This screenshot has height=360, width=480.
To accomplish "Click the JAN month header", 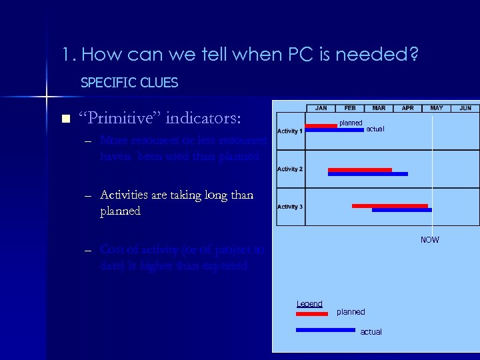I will pyautogui.click(x=321, y=108).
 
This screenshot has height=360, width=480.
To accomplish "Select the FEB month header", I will pyautogui.click(x=350, y=108).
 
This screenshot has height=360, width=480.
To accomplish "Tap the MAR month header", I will pyautogui.click(x=379, y=108).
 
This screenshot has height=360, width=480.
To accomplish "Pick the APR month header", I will pyautogui.click(x=407, y=108).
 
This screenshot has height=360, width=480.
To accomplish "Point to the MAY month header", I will pyautogui.click(x=436, y=108).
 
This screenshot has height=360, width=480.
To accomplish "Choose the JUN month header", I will pyautogui.click(x=465, y=108).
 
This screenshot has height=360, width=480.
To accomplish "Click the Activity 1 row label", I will pyautogui.click(x=289, y=131).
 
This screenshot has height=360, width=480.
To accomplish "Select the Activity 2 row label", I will pyautogui.click(x=289, y=169).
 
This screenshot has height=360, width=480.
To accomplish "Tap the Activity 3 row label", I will pyautogui.click(x=289, y=207).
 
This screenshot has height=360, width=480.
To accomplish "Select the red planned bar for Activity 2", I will pyautogui.click(x=359, y=170).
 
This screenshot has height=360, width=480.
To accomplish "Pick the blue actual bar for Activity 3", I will pyautogui.click(x=401, y=210).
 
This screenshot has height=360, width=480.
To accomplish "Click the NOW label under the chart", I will pyautogui.click(x=429, y=240).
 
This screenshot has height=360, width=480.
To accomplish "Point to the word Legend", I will pyautogui.click(x=309, y=304).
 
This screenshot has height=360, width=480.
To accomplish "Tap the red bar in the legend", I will pyautogui.click(x=312, y=313).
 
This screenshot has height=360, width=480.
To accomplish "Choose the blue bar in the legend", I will pyautogui.click(x=325, y=329).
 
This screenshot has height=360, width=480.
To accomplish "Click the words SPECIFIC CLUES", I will pyautogui.click(x=129, y=83).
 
